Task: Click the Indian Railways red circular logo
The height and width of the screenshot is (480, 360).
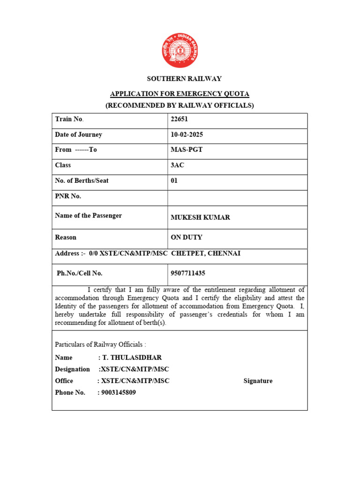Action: click(180, 51)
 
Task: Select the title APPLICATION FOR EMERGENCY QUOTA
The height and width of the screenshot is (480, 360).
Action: click(180, 94)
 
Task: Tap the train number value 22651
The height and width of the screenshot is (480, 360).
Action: click(180, 119)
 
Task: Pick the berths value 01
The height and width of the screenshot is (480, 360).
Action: click(174, 180)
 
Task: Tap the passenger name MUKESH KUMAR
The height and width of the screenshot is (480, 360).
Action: click(200, 217)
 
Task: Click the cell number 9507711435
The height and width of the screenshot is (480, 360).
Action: click(188, 273)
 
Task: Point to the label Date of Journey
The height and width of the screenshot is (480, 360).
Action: click(78, 135)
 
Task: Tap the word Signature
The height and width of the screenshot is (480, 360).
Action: click(258, 381)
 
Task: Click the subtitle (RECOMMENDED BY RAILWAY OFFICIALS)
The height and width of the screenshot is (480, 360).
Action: click(180, 105)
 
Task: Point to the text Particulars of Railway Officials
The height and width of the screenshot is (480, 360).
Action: click(100, 345)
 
